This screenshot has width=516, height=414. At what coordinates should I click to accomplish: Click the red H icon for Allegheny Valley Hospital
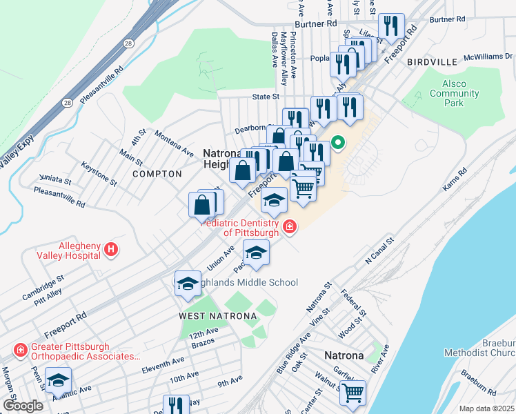(x=111, y=250)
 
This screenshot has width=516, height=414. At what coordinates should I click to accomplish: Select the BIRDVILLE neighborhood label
(x=433, y=62)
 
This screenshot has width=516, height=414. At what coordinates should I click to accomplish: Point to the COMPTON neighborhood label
(x=157, y=174)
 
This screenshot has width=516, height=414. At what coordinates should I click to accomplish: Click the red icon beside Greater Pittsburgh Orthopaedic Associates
(x=21, y=351)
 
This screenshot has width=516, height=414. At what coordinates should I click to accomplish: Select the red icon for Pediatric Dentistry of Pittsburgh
(x=289, y=226)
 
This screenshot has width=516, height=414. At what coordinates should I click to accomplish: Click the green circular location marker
(x=338, y=144)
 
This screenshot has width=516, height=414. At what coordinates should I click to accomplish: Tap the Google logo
(x=23, y=405)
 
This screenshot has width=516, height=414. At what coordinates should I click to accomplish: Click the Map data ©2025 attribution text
(x=486, y=408)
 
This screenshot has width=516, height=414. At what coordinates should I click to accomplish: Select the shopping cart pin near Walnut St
(x=353, y=393)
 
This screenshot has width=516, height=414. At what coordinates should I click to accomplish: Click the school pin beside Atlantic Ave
(x=59, y=379)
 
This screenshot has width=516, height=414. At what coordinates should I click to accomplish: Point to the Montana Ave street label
(x=174, y=141)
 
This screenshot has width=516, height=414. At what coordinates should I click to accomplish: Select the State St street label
(x=266, y=97)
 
